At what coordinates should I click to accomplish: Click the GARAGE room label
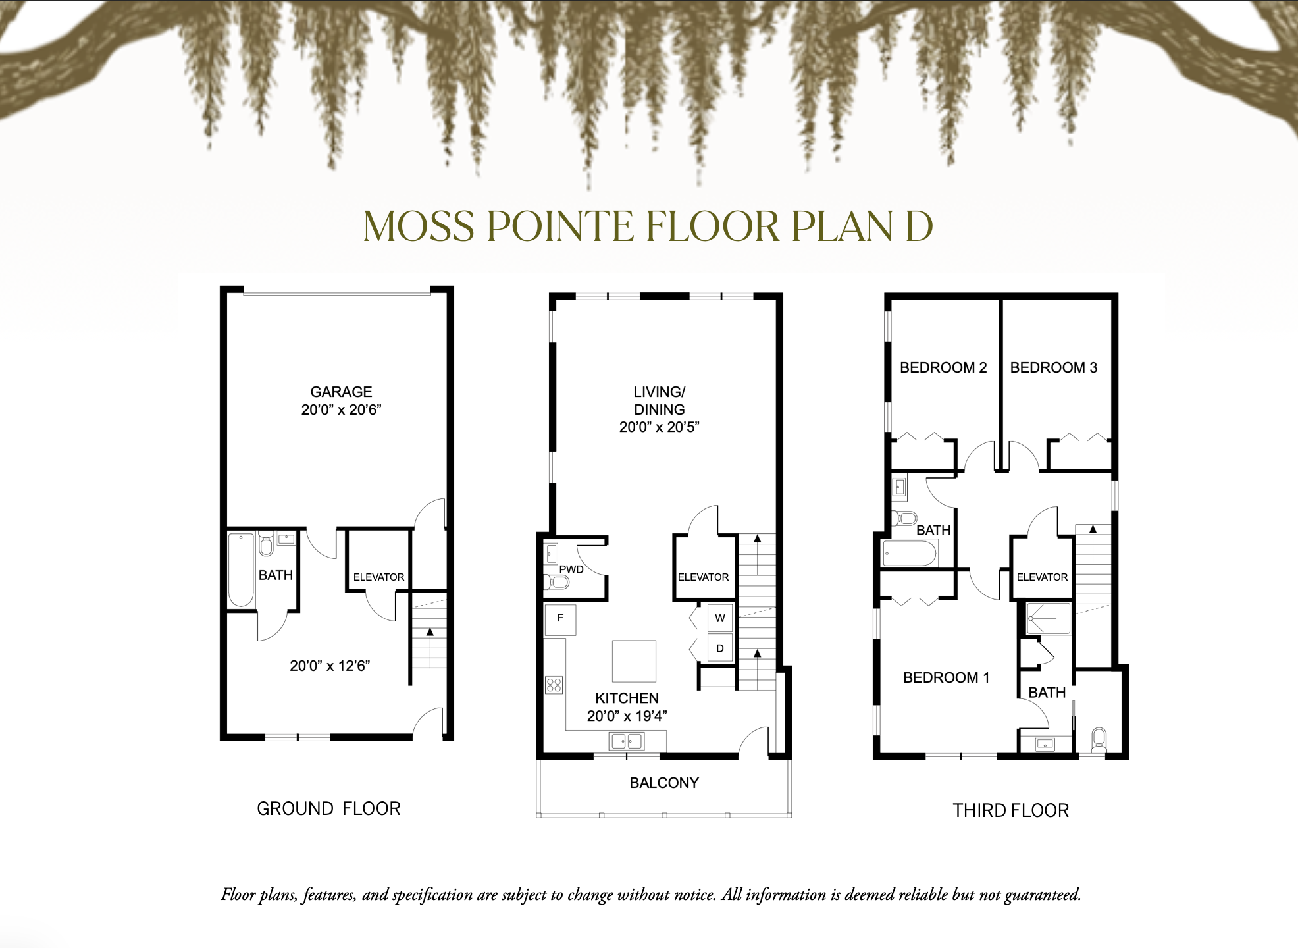tap(341, 392)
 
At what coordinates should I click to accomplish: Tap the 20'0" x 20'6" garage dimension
tap(341, 409)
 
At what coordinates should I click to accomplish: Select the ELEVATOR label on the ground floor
tap(378, 577)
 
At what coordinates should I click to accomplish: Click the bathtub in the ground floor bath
tap(241, 570)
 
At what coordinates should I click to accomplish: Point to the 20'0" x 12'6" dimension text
tap(330, 666)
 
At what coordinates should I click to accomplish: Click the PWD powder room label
tap(571, 569)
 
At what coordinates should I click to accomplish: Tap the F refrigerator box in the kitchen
tap(560, 619)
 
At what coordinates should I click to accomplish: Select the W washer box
tap(720, 618)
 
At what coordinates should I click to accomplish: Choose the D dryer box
tap(720, 648)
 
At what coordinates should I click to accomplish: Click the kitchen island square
tap(634, 661)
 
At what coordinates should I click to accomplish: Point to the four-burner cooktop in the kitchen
tap(554, 685)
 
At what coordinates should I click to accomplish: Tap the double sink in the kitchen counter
tap(627, 742)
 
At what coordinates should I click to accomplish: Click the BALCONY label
tap(663, 783)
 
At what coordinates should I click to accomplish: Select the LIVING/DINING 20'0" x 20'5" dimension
tap(659, 427)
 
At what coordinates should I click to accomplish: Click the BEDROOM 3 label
tap(1053, 367)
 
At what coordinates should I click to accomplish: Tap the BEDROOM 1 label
tap(946, 677)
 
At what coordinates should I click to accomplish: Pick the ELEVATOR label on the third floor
tap(1042, 577)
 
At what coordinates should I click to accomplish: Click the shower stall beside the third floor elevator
tap(1049, 619)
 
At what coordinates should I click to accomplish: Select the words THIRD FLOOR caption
tap(1010, 810)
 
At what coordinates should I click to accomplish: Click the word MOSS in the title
tap(419, 226)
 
